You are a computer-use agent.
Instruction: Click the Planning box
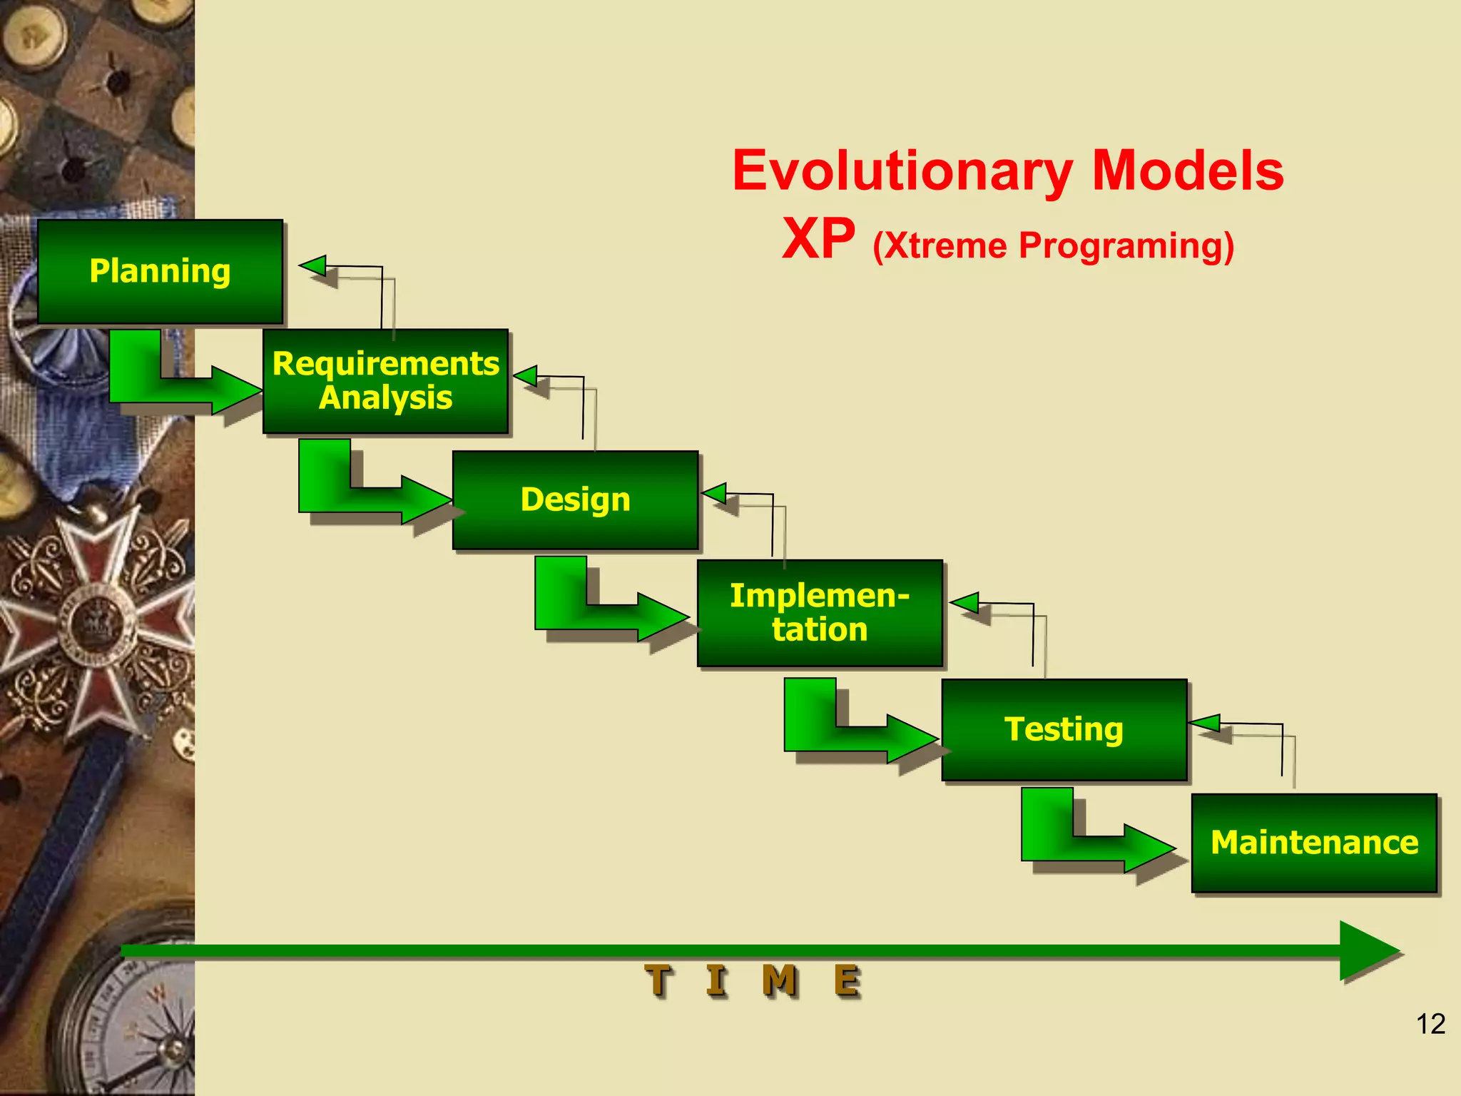(x=160, y=271)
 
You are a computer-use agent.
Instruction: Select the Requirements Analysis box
(x=385, y=381)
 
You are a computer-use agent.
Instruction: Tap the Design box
(x=575, y=499)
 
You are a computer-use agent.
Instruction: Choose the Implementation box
(x=820, y=613)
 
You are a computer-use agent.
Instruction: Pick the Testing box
(x=1064, y=729)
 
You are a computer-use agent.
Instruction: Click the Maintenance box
(x=1313, y=843)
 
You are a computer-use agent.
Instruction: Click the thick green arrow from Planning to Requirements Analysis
(x=171, y=385)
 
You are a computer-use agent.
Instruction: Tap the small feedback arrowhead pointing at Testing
(x=1206, y=724)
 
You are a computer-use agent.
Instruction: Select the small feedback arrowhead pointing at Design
(x=715, y=493)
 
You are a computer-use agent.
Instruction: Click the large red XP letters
(x=818, y=239)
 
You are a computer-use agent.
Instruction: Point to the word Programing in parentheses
(x=1120, y=245)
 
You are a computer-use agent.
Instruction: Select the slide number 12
(x=1430, y=1024)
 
